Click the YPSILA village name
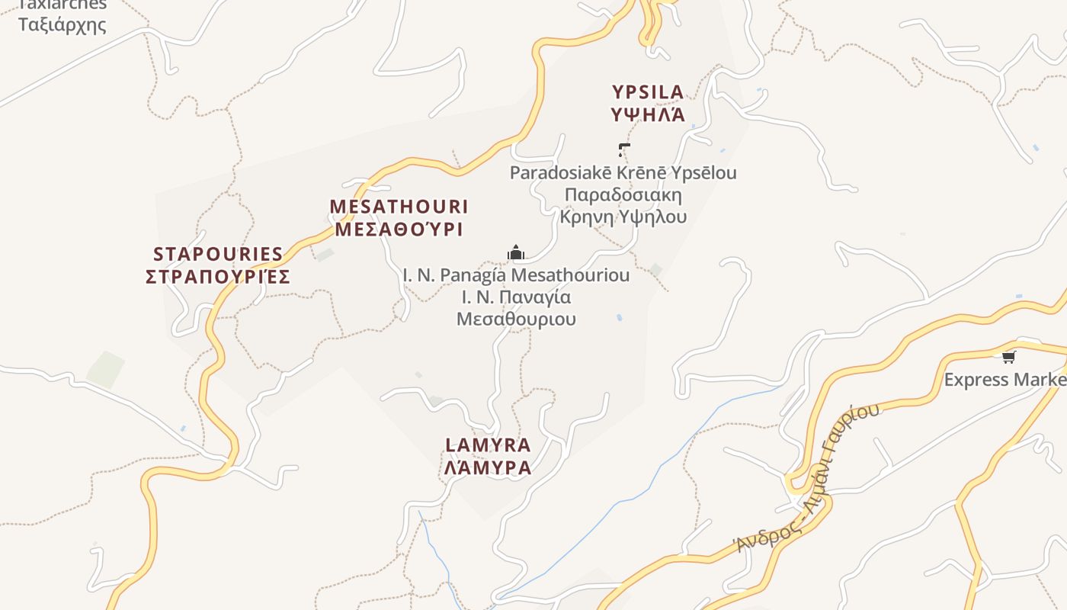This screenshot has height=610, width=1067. point(648,92)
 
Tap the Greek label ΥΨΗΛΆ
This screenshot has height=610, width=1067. point(648,115)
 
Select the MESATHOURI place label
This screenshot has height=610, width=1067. point(399,207)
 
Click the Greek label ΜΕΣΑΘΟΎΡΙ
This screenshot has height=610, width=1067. point(399,230)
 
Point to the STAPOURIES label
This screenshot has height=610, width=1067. point(218,254)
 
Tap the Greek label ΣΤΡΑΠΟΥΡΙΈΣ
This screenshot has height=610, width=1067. point(218,277)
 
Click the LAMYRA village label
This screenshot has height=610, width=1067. point(488,445)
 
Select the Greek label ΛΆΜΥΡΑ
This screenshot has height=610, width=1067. point(488,467)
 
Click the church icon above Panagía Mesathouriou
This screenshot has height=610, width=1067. point(516,253)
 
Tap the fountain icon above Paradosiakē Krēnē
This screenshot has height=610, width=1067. point(624,149)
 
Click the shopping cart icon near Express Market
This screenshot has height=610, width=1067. point(1009,357)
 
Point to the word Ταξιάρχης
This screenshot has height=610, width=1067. point(62,24)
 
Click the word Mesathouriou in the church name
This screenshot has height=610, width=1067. point(571,274)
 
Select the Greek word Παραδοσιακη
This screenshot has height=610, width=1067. point(623,194)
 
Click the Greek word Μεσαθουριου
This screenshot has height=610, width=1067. point(516,319)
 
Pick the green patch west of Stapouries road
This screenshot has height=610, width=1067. point(105,369)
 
